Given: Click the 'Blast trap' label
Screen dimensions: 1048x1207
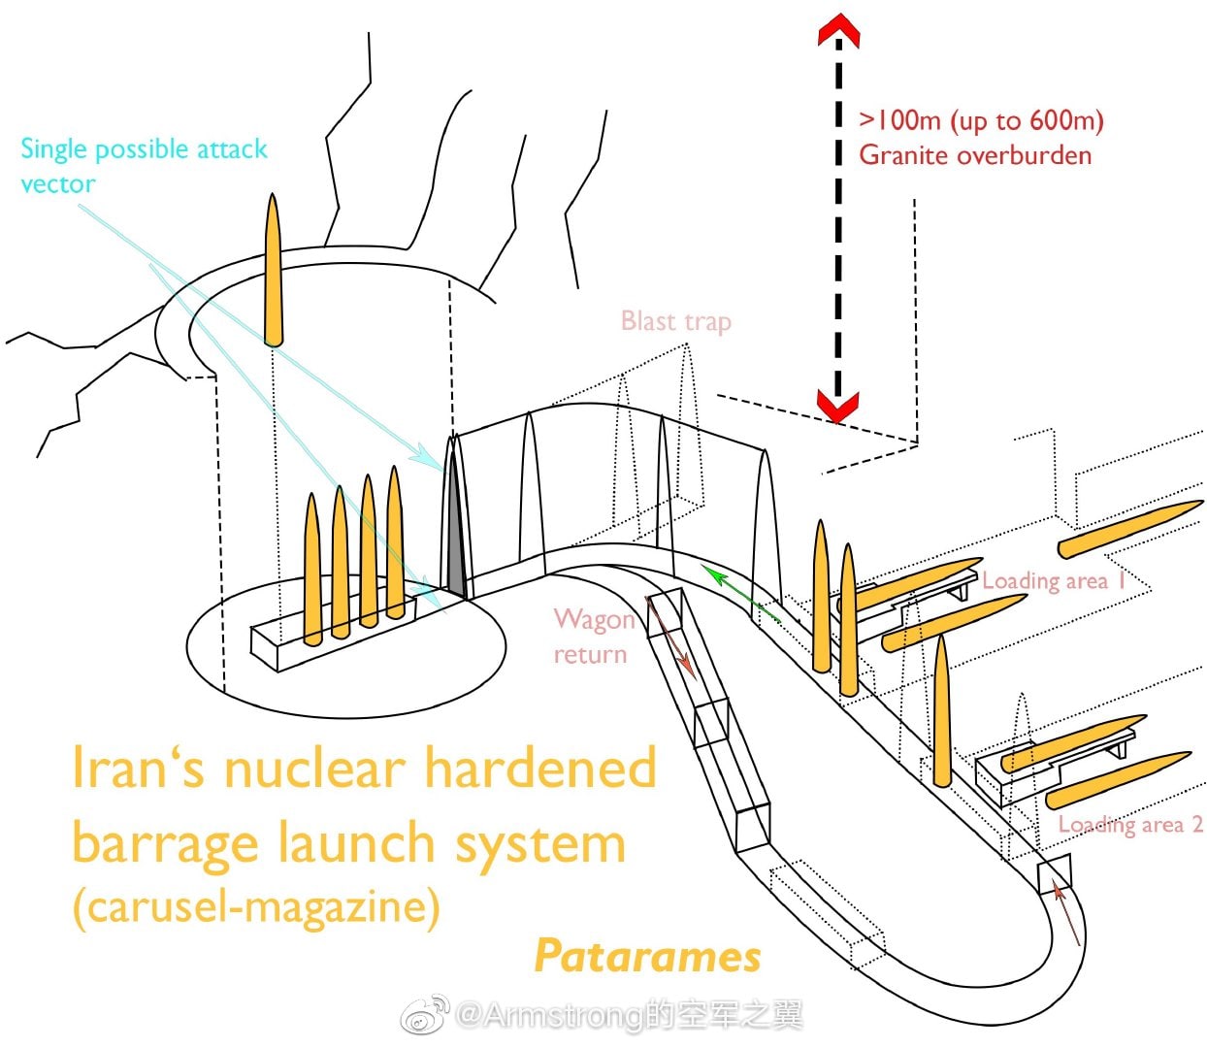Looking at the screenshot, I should [675, 321].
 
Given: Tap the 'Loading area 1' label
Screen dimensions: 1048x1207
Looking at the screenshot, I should [1054, 580].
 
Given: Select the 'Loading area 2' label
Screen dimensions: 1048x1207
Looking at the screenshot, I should [1129, 824].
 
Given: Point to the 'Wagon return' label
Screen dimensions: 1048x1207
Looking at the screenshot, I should [592, 637].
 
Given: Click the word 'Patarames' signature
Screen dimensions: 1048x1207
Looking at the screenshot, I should [647, 956].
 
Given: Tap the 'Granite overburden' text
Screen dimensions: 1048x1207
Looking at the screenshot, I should [974, 155].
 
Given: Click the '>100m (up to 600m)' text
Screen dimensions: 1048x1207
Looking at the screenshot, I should [981, 120].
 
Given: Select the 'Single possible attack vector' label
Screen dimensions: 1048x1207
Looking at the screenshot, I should [143, 165].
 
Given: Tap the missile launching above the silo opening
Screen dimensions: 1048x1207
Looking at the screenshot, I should [274, 270].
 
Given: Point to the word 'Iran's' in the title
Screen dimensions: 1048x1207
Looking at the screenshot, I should [141, 769].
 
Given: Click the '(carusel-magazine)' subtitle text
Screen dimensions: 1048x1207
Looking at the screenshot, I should [256, 906].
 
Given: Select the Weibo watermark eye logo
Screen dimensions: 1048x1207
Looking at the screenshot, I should [426, 1015].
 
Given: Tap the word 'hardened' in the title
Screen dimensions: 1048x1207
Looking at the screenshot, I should [540, 769].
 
